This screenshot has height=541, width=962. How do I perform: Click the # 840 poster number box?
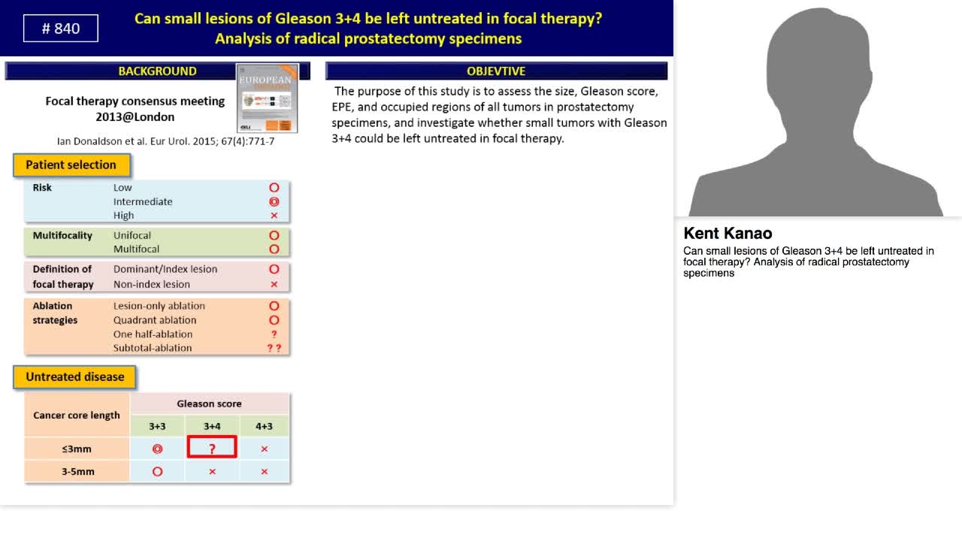(61, 29)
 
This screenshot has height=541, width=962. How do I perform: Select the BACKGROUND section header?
(157, 71)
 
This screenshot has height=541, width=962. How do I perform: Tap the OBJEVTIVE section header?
(496, 71)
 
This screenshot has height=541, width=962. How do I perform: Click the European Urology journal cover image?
(268, 98)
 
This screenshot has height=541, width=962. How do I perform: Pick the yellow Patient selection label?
(71, 165)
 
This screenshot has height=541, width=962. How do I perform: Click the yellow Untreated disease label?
(74, 377)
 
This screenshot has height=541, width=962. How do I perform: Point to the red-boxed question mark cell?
(212, 449)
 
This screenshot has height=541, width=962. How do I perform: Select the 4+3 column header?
(264, 426)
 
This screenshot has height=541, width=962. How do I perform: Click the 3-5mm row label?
(77, 472)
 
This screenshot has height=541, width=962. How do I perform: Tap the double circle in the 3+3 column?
(157, 449)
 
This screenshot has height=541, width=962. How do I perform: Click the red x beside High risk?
(274, 216)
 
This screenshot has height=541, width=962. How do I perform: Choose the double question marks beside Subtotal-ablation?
(274, 348)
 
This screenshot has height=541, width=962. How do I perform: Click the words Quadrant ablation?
(155, 320)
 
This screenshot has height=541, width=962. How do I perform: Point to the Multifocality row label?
(62, 235)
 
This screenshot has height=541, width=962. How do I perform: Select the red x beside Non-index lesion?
(274, 284)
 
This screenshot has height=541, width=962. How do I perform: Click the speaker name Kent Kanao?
(728, 234)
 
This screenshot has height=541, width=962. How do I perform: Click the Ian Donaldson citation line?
(165, 141)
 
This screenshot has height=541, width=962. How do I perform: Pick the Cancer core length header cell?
(77, 415)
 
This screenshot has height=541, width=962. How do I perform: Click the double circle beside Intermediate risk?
(274, 201)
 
